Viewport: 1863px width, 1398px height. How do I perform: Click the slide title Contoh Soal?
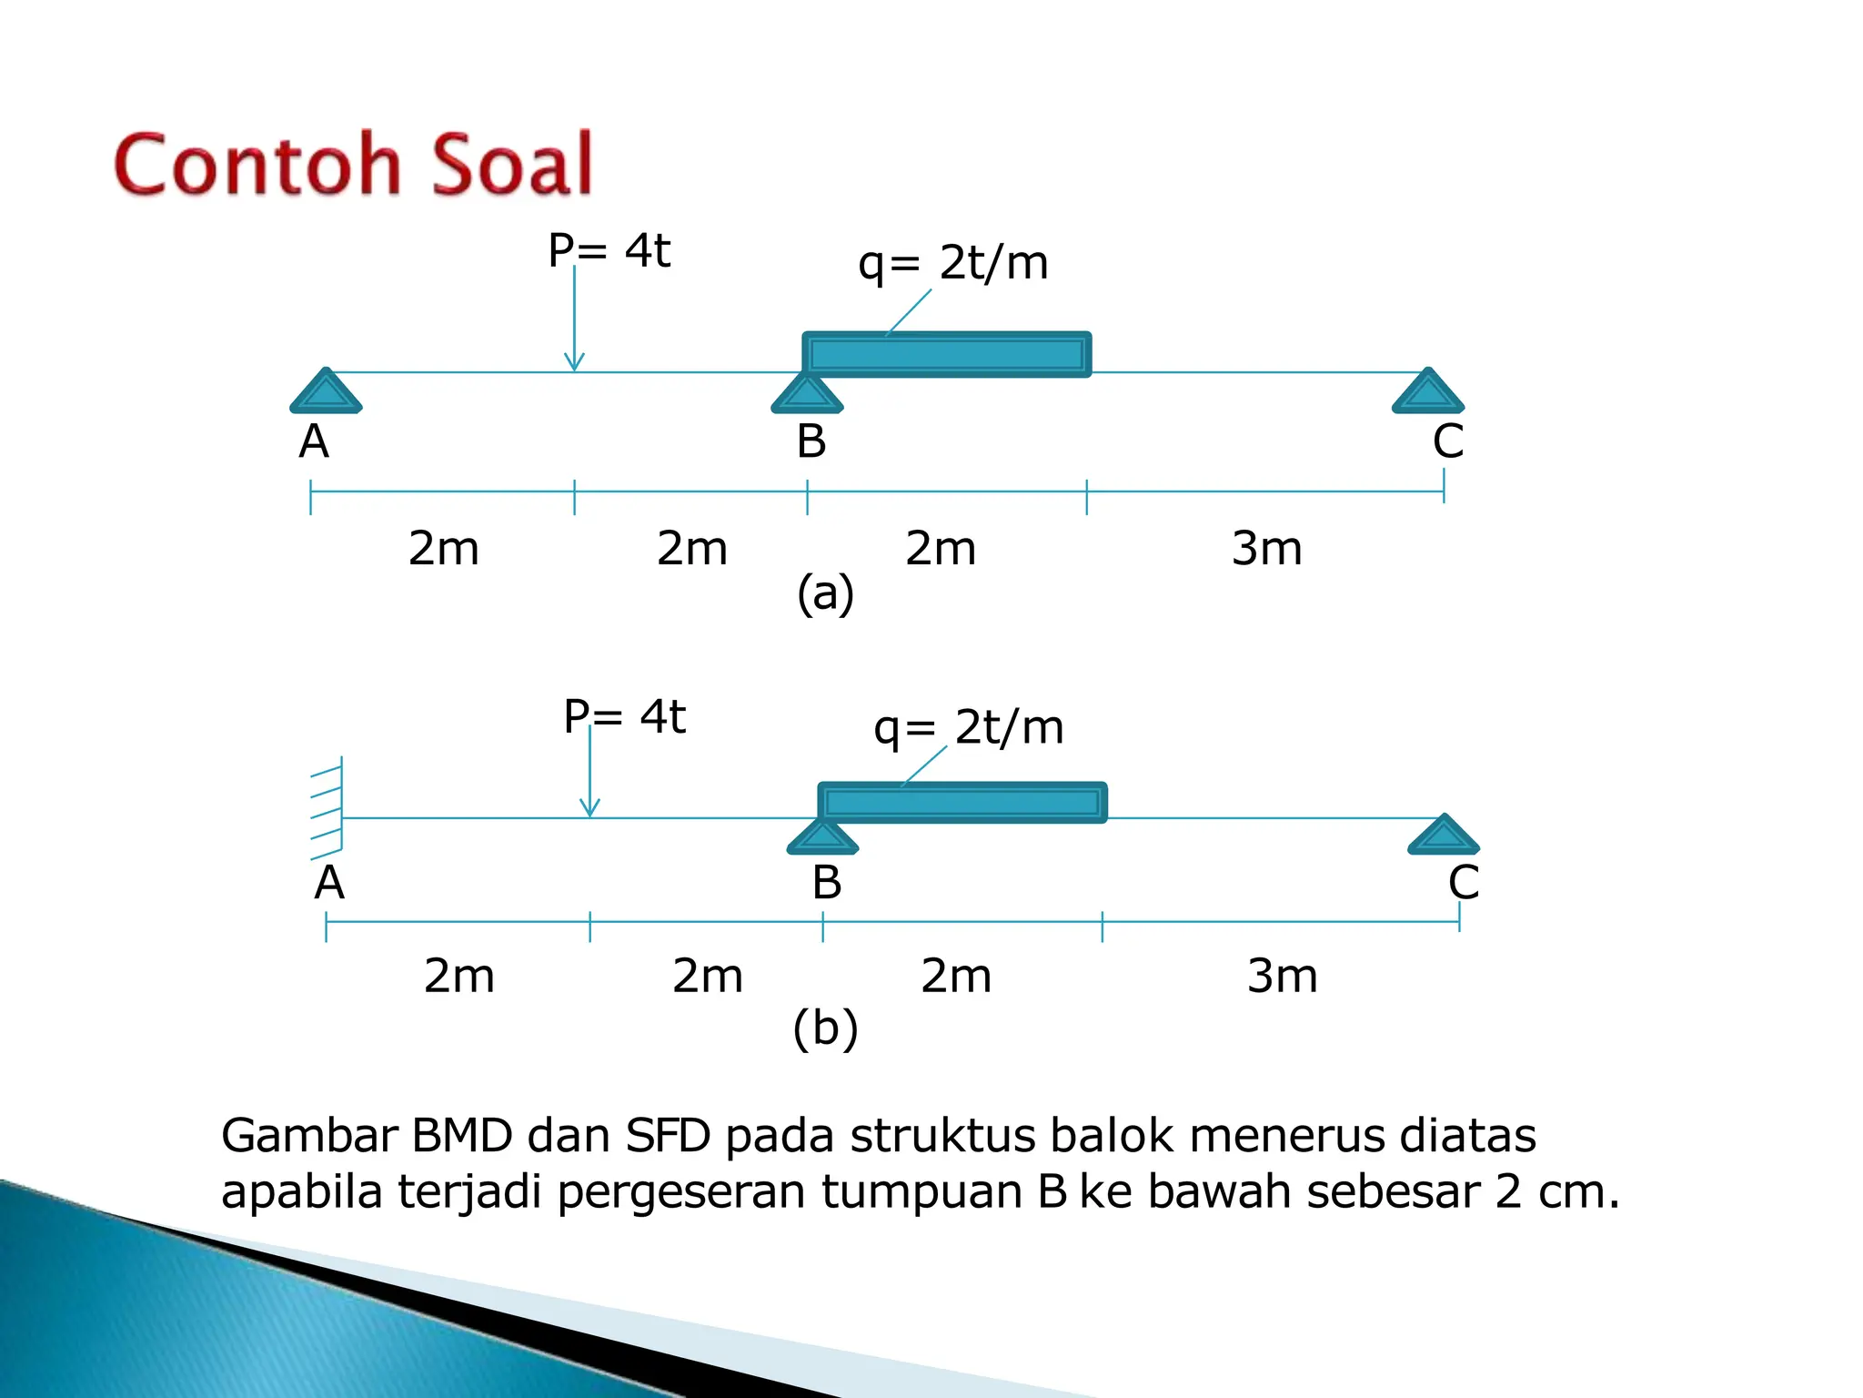[x=353, y=165]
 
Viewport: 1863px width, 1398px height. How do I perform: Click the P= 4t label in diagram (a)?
[x=609, y=250]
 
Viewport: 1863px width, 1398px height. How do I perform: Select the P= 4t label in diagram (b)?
[x=624, y=716]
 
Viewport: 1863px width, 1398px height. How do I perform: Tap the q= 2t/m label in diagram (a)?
[x=952, y=263]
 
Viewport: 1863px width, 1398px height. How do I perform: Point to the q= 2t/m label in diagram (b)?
[x=968, y=727]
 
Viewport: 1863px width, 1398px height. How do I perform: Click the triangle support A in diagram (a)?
[x=326, y=392]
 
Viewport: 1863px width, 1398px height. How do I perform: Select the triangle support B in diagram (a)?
[x=807, y=394]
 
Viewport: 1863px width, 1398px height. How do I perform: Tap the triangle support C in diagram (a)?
[x=1427, y=392]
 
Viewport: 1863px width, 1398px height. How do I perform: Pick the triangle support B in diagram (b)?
[x=822, y=837]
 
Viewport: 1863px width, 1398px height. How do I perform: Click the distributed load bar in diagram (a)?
[x=946, y=354]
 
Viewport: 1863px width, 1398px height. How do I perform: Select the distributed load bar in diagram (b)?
[x=962, y=802]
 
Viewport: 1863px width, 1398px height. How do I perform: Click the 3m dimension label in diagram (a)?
[x=1266, y=549]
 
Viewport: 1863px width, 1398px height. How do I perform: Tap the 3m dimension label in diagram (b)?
[x=1282, y=977]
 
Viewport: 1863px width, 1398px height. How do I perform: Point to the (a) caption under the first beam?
[x=825, y=593]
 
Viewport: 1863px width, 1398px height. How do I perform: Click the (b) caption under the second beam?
[x=825, y=1028]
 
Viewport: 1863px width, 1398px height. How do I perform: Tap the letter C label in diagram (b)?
[x=1463, y=883]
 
